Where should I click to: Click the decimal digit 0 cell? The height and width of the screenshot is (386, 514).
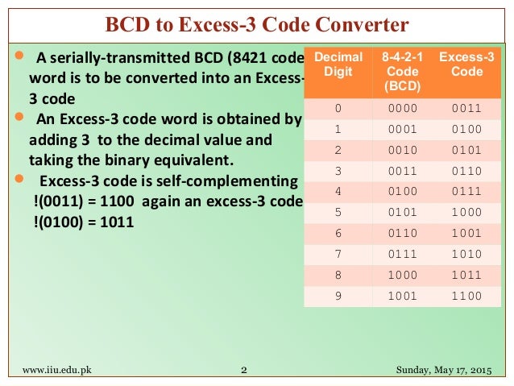tap(338, 106)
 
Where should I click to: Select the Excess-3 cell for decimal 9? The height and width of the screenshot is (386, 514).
tap(466, 296)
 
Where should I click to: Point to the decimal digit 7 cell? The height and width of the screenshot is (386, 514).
tap(338, 254)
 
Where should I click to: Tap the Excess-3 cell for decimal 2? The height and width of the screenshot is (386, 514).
tap(466, 149)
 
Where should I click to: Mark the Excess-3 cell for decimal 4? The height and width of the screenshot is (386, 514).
tap(466, 191)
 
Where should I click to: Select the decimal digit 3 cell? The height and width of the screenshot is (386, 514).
tap(338, 170)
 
